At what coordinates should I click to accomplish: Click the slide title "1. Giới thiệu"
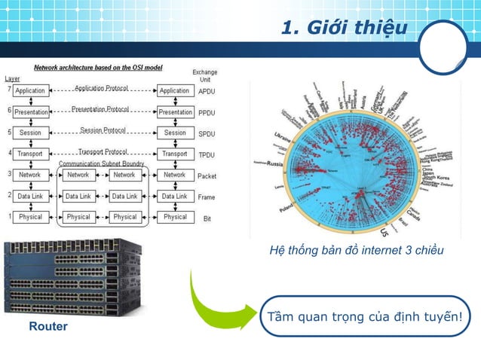point(343,28)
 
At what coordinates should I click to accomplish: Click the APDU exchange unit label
point(206,90)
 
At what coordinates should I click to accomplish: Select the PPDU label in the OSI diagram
point(206,111)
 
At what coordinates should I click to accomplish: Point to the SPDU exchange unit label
point(206,133)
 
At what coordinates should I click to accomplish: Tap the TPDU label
point(206,154)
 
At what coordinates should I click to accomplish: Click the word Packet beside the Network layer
point(206,175)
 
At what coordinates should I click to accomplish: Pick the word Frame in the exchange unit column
point(206,197)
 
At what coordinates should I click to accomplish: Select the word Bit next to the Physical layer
point(205,218)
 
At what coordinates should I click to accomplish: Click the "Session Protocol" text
point(102,130)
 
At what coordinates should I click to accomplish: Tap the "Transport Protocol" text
point(103,150)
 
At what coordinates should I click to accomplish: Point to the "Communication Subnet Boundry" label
point(102,163)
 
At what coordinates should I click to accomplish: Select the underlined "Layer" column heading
point(13,78)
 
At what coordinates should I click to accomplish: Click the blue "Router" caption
point(48,327)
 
